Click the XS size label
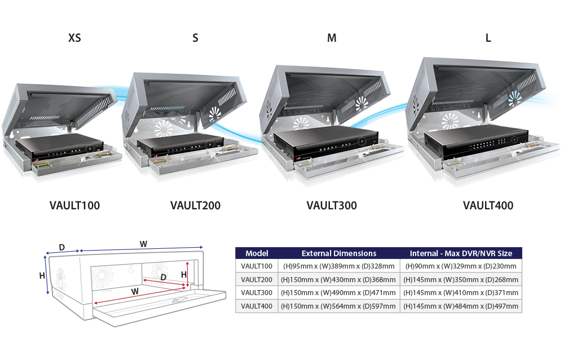(74, 38)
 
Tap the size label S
(195, 38)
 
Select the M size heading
(332, 38)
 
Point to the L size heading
(488, 38)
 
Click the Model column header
(257, 253)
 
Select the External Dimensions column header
(339, 253)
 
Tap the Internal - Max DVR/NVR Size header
(460, 253)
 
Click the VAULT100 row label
(257, 266)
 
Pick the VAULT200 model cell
(257, 279)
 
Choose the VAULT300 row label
(257, 292)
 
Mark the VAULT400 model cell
(257, 306)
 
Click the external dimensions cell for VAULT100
(339, 266)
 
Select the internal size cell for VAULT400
(460, 306)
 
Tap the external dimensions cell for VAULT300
(339, 292)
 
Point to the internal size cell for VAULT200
(460, 279)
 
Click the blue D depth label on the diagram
(61, 247)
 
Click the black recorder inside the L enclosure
(474, 143)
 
